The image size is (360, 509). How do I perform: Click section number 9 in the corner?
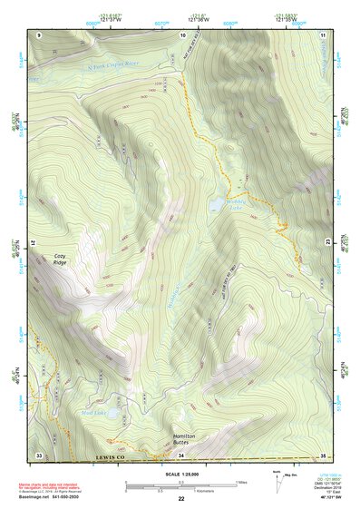[x=39, y=34]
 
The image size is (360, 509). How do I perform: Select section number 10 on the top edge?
[x=183, y=34]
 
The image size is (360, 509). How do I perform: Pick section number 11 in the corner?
[x=324, y=34]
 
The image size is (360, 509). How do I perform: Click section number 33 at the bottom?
[x=39, y=454]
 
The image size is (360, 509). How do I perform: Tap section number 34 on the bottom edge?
[x=181, y=454]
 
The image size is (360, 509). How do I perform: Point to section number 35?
[x=323, y=454]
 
